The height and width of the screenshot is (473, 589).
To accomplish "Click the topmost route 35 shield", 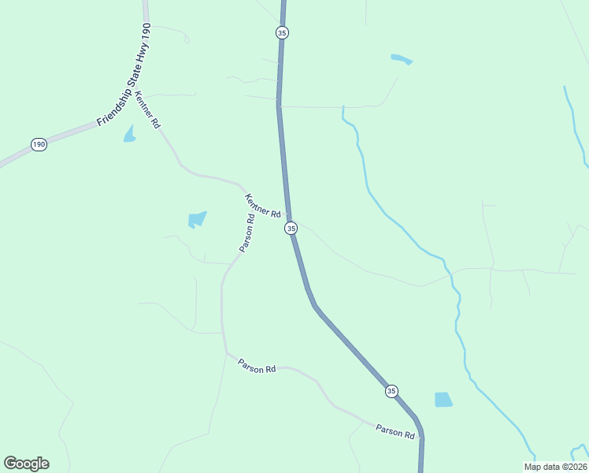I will (282, 32).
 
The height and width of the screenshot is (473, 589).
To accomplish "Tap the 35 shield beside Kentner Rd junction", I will (291, 228).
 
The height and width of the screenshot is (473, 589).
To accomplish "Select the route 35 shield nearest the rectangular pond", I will (391, 390).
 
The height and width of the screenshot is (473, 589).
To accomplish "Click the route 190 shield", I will (39, 144).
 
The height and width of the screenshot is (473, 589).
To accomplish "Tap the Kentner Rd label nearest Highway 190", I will (147, 110).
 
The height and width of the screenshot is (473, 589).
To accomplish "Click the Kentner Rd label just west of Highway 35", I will (263, 206).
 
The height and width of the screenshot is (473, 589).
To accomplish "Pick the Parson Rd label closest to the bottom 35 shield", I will (395, 431).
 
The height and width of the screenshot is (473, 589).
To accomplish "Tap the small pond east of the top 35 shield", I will (402, 59).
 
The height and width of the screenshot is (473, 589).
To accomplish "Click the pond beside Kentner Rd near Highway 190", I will (129, 134).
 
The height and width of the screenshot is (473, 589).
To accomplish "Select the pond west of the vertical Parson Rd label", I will (197, 219).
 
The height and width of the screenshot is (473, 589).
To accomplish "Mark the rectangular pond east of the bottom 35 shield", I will (443, 400).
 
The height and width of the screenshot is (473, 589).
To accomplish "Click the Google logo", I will (26, 464).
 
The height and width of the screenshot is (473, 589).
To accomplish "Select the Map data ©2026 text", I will (555, 467).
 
